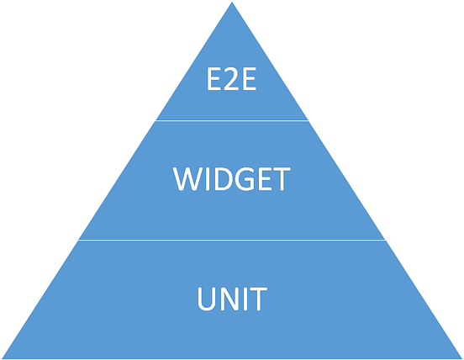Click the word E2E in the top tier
click(232, 81)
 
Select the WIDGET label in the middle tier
click(232, 180)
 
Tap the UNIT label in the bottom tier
click(232, 299)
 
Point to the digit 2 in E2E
click(232, 81)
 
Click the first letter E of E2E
click(214, 81)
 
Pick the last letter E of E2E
click(250, 81)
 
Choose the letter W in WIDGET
click(187, 180)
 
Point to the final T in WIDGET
click(281, 180)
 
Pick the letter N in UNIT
click(229, 299)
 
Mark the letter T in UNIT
click(258, 299)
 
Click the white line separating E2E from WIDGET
click(232, 120)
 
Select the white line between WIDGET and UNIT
click(232, 240)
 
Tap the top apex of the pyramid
click(232, 4)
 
